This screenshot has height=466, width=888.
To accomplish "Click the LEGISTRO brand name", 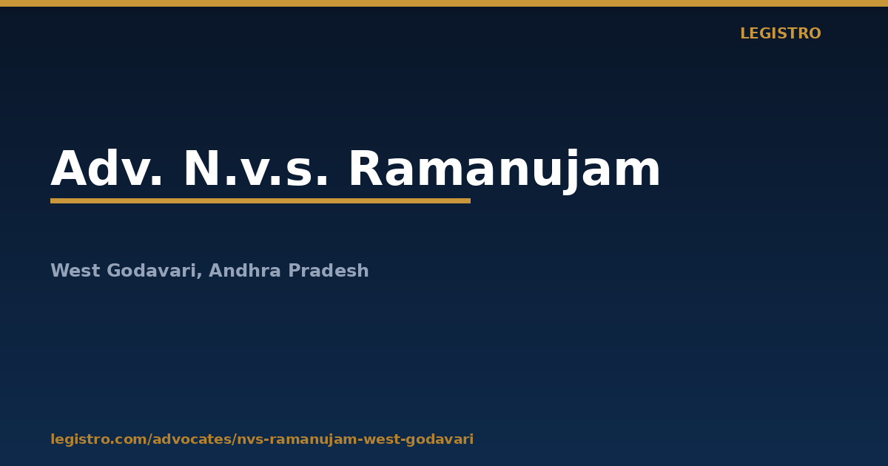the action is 780,34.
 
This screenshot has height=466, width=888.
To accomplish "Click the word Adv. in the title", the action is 107,168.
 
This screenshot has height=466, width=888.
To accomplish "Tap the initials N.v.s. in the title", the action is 256,169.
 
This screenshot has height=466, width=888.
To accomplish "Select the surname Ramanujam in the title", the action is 504,171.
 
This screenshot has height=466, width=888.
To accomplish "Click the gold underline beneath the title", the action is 260,201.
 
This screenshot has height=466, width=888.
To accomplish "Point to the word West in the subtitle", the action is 75,271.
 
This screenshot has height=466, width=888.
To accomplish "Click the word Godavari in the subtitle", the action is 152,271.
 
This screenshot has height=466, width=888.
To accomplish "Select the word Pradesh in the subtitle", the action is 329,270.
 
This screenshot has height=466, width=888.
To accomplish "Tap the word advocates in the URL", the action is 192,439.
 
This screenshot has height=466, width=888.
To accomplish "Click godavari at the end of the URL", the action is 438,439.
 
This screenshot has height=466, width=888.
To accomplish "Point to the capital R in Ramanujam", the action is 366,168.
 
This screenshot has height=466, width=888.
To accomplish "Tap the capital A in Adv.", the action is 70,168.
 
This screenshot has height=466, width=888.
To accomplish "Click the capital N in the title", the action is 202,168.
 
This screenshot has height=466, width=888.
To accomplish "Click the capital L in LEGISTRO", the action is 745,34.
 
